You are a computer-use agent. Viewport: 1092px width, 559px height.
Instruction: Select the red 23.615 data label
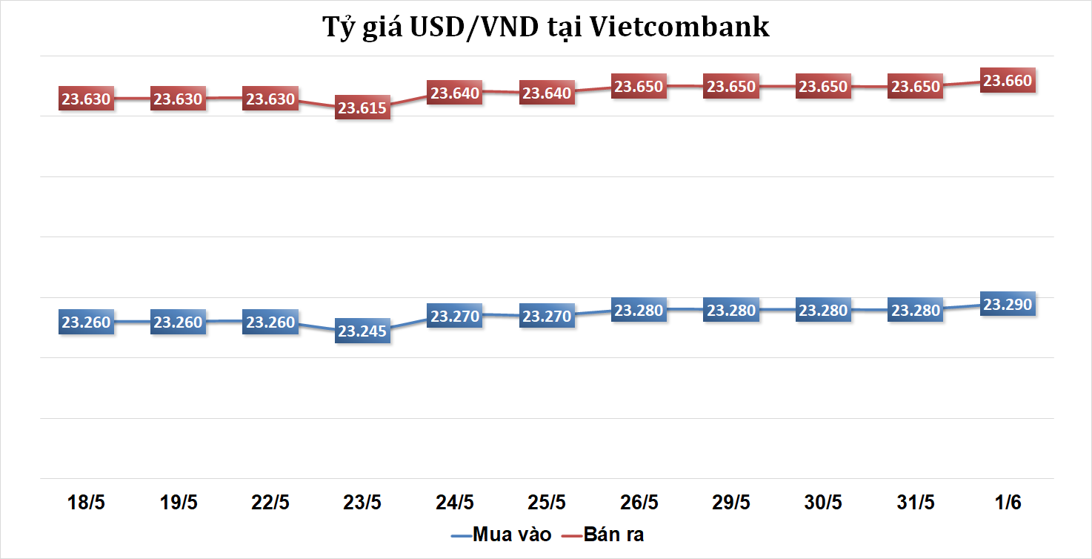point(362,108)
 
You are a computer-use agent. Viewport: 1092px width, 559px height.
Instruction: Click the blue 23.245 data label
point(362,331)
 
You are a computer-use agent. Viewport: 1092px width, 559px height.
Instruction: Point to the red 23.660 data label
point(1008,81)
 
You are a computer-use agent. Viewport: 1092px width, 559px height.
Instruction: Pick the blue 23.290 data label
point(1008,304)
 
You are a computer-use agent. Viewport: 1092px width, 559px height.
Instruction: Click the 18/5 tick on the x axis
point(87,503)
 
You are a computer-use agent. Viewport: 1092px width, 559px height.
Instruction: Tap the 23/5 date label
point(363,503)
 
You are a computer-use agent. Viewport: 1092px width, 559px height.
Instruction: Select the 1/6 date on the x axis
point(1008,503)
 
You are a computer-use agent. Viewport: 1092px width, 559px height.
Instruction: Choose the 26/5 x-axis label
point(639,503)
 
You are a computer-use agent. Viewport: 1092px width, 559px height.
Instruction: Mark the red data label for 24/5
point(456,93)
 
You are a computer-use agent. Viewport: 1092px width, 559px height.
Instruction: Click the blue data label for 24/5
point(456,317)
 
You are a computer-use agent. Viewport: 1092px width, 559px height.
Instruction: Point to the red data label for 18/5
point(86,99)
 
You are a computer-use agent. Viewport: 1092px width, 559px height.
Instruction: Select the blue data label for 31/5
point(916,311)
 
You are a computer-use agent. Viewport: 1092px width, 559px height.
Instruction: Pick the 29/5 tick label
point(731,503)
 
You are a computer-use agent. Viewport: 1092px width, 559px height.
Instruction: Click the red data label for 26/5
point(639,87)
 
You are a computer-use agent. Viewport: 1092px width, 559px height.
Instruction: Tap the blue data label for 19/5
point(178,322)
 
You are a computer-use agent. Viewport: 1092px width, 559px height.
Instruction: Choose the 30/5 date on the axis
point(824,503)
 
